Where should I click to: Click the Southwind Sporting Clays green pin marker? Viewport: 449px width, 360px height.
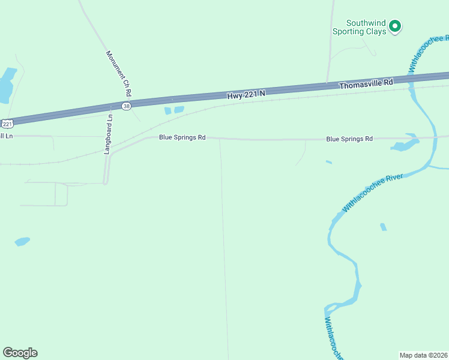(x=394, y=26)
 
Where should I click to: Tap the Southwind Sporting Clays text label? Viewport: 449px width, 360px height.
(x=359, y=27)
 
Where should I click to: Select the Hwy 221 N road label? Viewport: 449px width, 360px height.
(x=246, y=94)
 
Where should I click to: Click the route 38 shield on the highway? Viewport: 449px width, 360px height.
(x=126, y=106)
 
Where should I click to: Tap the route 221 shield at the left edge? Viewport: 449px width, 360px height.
(x=7, y=124)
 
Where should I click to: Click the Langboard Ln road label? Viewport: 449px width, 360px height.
(x=109, y=134)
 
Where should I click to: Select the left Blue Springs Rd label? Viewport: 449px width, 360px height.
(x=182, y=137)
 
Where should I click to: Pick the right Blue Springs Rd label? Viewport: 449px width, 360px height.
(x=349, y=139)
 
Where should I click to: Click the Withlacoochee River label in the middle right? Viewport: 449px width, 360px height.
(x=372, y=192)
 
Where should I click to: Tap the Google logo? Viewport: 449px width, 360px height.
(x=20, y=353)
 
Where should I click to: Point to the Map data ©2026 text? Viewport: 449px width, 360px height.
(x=423, y=355)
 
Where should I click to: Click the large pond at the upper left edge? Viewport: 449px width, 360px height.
(x=6, y=84)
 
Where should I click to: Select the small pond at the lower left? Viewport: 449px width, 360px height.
(x=22, y=241)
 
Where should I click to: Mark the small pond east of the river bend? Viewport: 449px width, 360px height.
(x=384, y=227)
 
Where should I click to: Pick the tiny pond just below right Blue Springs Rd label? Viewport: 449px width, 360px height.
(x=328, y=161)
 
